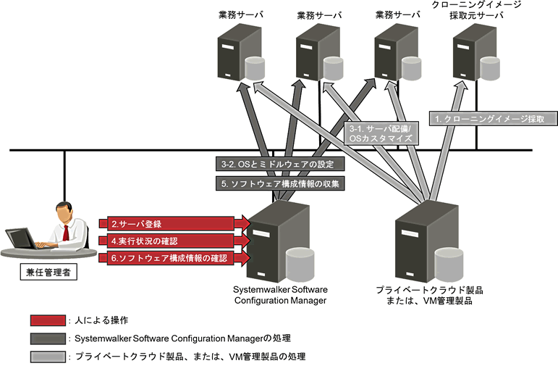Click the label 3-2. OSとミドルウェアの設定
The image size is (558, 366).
(x=279, y=163)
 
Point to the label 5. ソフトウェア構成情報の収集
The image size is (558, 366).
(x=279, y=183)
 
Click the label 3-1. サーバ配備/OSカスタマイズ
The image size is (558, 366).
(x=379, y=131)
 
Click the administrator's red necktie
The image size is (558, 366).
(x=65, y=231)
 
